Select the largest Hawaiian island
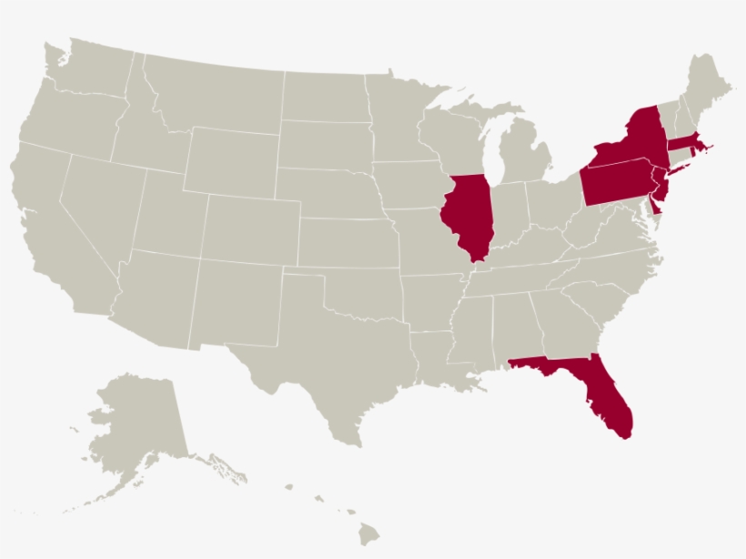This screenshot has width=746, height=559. tap(368, 534)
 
